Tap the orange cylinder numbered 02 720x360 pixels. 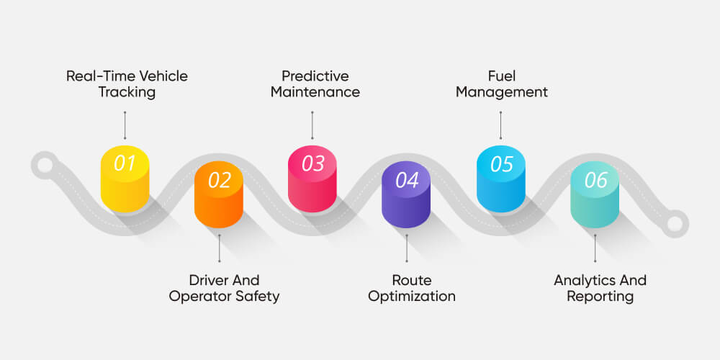click(x=219, y=194)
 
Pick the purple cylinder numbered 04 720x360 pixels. click(x=407, y=194)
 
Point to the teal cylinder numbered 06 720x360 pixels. click(x=595, y=194)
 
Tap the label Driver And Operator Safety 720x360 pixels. click(x=224, y=287)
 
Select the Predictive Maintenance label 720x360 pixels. click(x=315, y=84)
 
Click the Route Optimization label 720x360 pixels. click(x=412, y=287)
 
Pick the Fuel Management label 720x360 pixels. click(x=501, y=84)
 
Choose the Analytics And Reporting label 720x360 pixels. click(x=600, y=287)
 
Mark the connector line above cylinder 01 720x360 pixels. click(x=125, y=125)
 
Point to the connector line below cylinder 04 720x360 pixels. click(x=407, y=248)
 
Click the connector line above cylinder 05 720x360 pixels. click(x=501, y=125)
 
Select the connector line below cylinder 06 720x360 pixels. click(x=595, y=248)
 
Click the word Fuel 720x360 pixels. click(x=501, y=76)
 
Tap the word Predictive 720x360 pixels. click(x=315, y=76)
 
